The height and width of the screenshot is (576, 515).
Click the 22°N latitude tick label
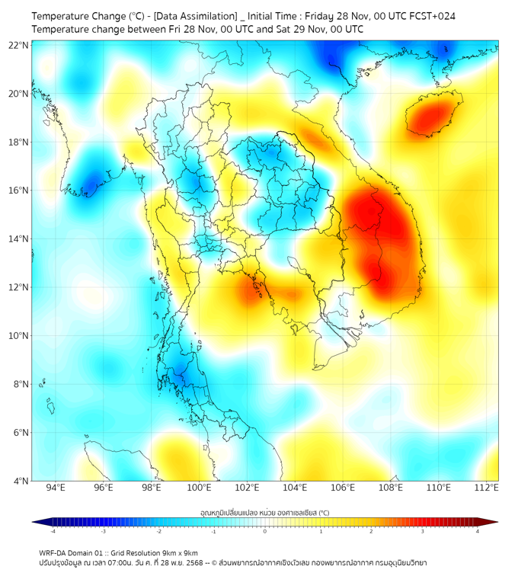click(19, 45)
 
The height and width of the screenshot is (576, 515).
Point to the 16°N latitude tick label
click(19, 190)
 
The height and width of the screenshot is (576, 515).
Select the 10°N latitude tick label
click(19, 336)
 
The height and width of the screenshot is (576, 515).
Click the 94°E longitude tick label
click(56, 488)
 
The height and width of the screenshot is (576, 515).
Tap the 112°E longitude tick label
click(487, 488)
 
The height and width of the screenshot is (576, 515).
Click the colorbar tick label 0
click(265, 531)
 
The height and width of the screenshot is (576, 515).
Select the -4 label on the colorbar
click(52, 531)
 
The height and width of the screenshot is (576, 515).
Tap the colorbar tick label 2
click(371, 531)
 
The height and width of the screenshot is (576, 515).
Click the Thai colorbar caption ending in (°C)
click(264, 512)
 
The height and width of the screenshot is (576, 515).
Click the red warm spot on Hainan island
click(431, 117)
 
